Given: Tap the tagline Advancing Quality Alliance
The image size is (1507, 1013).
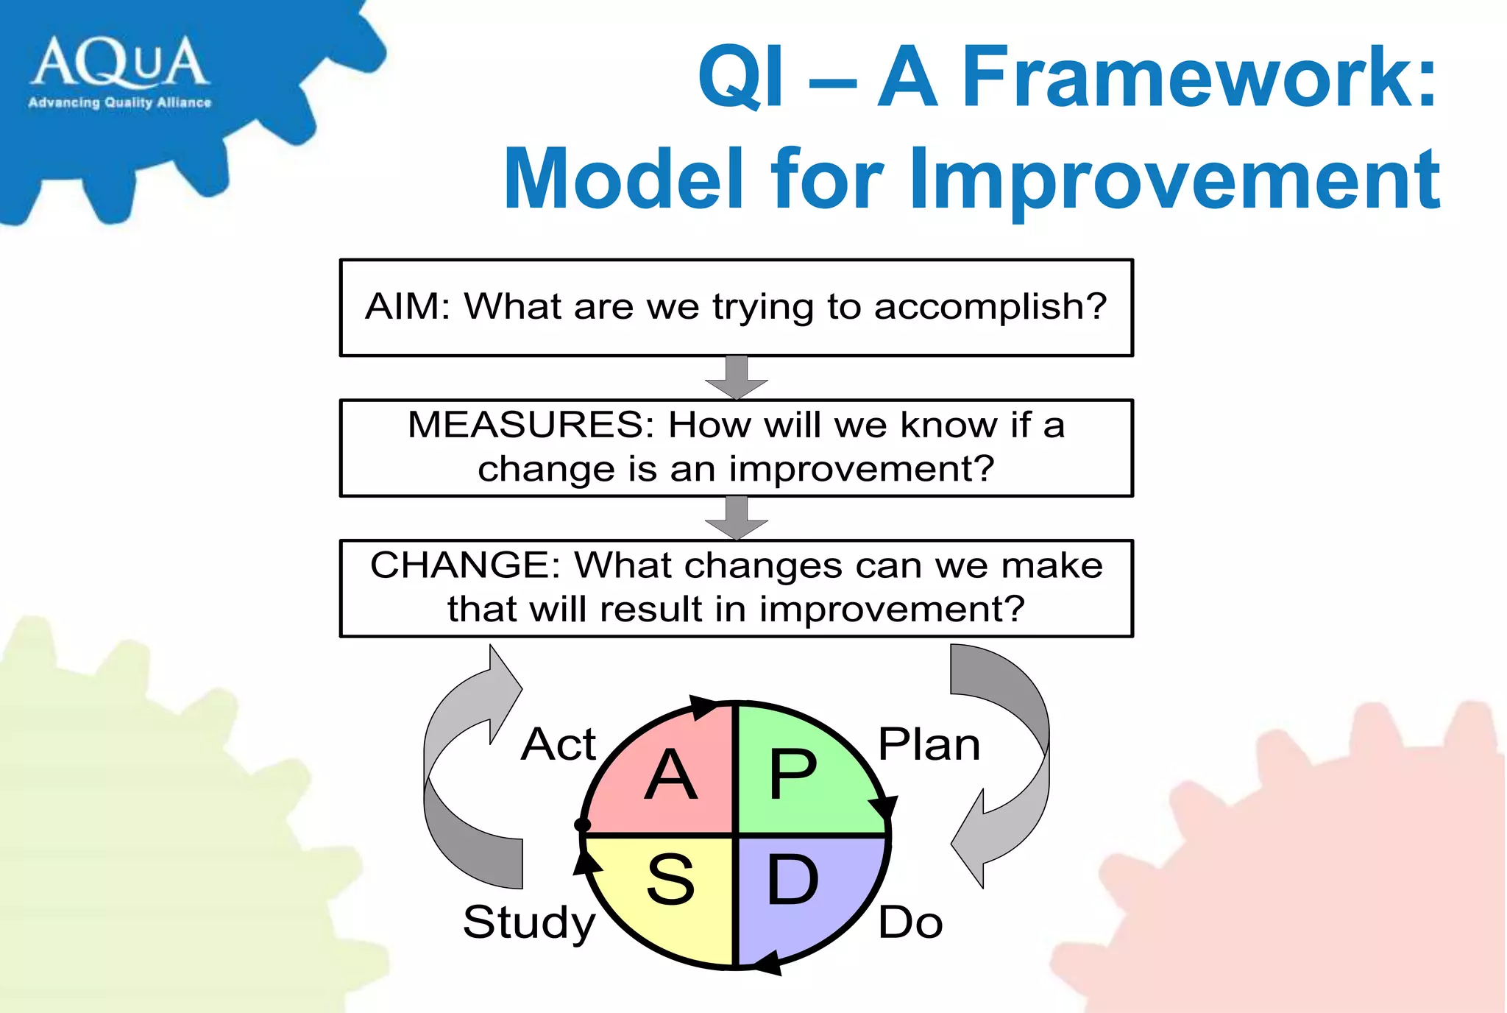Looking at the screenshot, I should (120, 102).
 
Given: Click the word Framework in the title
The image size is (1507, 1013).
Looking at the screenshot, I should (1197, 77).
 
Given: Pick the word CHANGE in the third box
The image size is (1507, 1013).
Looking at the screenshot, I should (465, 565).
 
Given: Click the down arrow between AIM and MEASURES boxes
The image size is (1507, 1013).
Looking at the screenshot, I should (737, 378).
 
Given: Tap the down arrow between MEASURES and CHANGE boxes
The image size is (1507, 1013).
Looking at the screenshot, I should (737, 518).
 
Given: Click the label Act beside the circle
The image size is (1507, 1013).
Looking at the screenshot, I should (558, 744).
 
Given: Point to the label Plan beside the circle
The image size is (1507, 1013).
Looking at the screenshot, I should (929, 744).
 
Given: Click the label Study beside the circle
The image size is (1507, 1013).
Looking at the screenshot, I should (528, 922).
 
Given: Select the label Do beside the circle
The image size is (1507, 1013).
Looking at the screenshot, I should (910, 922).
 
